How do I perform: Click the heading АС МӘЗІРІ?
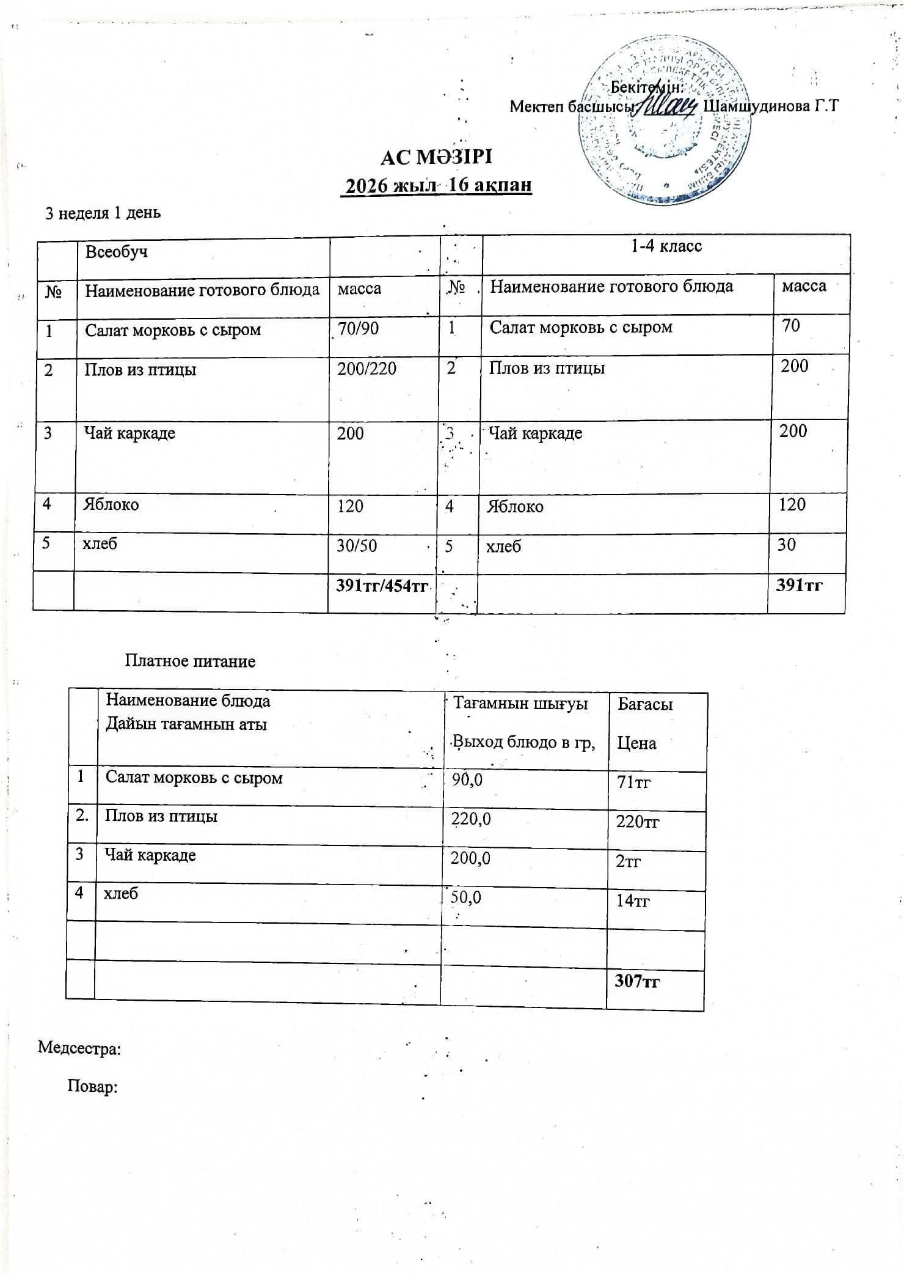click(436, 157)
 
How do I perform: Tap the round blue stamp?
click(665, 122)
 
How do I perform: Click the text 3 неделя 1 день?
click(103, 213)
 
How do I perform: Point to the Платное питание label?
click(190, 661)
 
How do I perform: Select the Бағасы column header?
click(645, 704)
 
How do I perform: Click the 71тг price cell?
click(633, 782)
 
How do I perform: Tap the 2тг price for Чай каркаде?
click(628, 861)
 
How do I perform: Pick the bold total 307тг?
click(637, 981)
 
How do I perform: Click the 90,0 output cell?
click(467, 779)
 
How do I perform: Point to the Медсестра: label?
click(79, 1048)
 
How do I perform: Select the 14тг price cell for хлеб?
click(633, 900)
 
